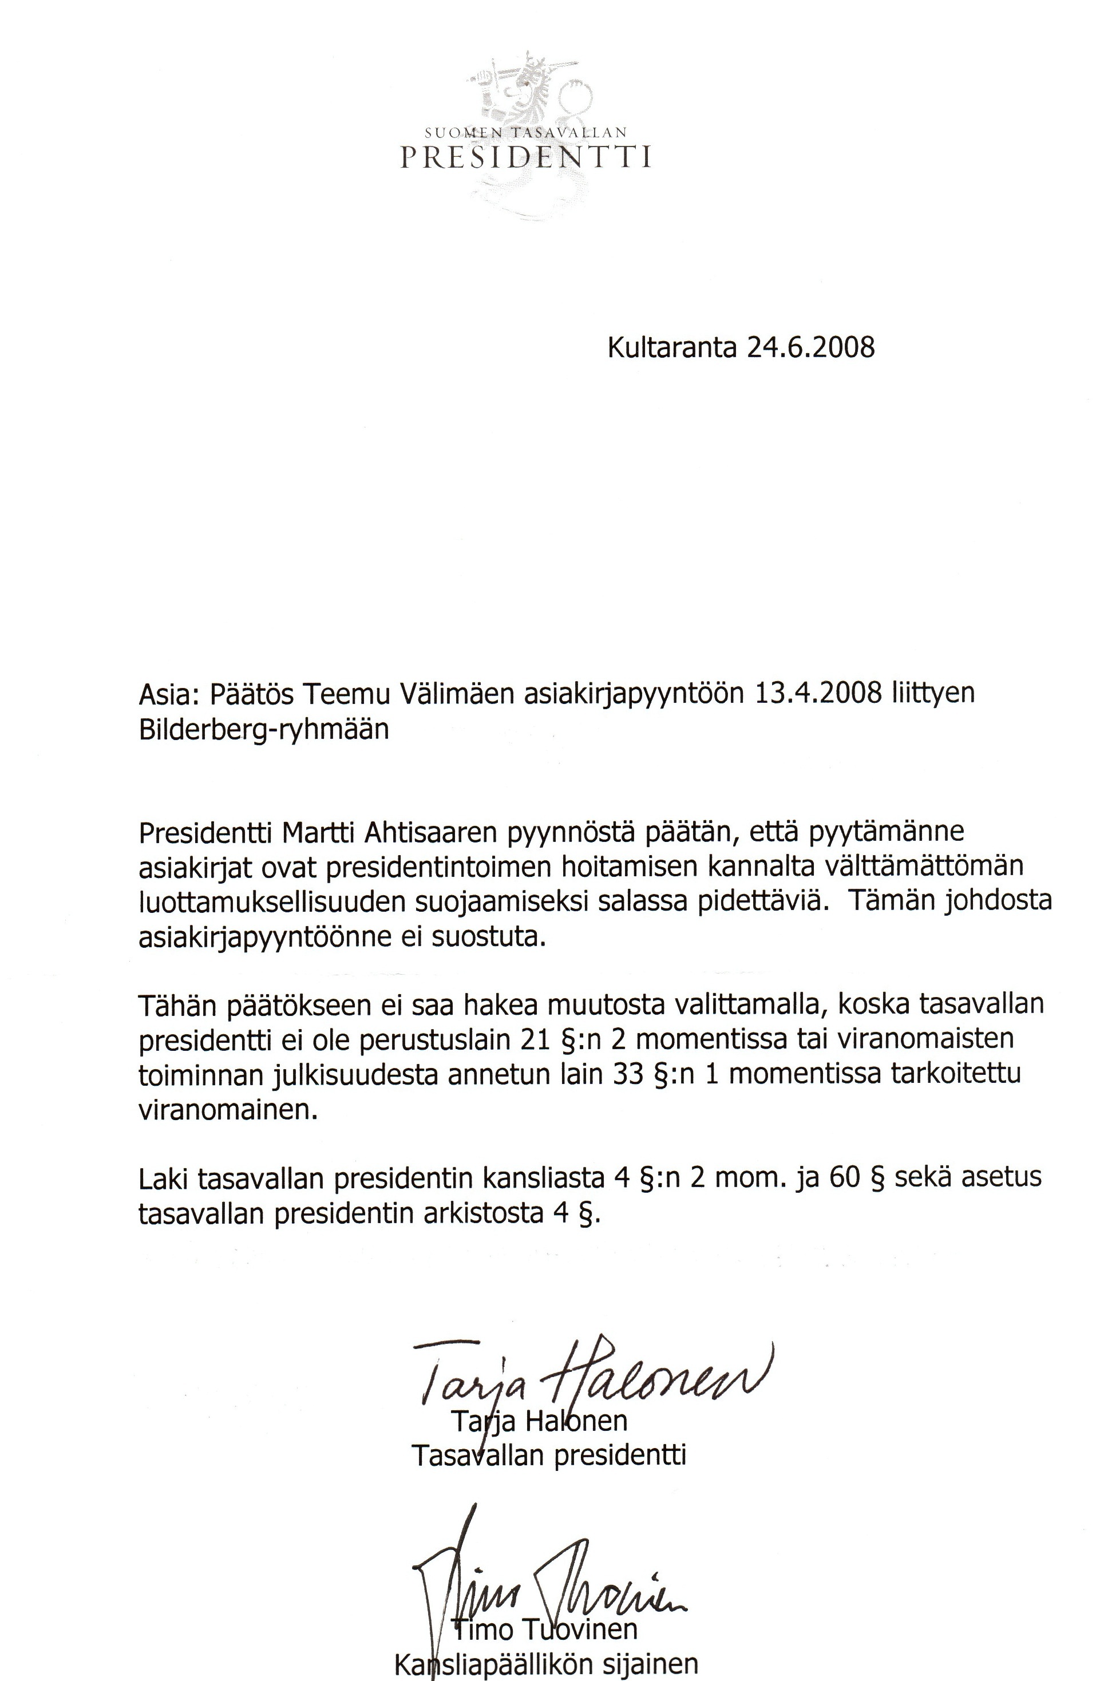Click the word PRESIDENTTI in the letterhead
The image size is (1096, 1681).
click(x=525, y=157)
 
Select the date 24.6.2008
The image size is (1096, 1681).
click(x=810, y=347)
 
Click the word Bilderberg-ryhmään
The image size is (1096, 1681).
click(x=263, y=729)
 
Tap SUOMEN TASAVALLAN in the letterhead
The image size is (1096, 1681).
click(x=525, y=132)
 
